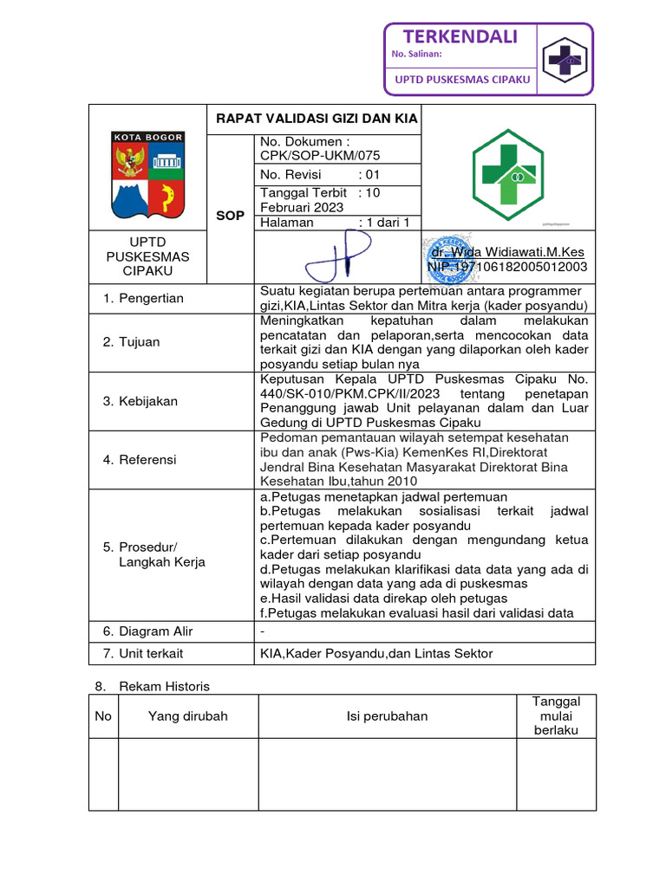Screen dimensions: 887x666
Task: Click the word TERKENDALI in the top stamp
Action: [460, 36]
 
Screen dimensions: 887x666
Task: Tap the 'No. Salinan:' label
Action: [417, 55]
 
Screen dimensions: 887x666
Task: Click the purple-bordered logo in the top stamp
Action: [564, 59]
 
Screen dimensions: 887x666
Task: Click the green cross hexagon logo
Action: [507, 173]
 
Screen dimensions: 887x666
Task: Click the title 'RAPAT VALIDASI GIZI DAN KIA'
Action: [317, 119]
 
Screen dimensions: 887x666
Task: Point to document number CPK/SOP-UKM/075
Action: [320, 155]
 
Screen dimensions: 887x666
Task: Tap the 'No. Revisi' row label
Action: [291, 174]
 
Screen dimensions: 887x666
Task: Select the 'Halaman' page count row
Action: [334, 223]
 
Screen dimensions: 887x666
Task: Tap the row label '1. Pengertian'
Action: [143, 298]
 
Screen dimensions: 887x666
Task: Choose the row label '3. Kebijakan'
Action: [140, 401]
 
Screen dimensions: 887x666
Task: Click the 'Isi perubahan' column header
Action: [388, 716]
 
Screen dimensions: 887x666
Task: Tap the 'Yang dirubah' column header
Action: [188, 716]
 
